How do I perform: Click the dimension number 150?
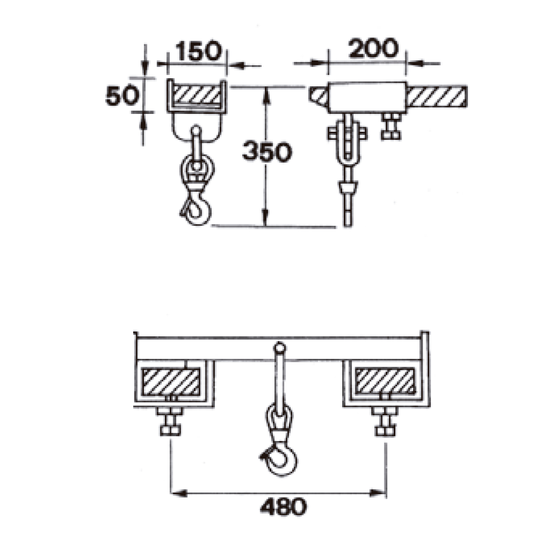click(198, 51)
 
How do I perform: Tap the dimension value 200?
click(374, 48)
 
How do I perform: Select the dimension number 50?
click(123, 96)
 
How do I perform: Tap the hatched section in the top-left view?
click(197, 95)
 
